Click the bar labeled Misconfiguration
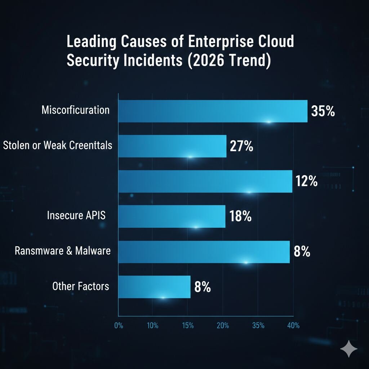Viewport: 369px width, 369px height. pyautogui.click(x=213, y=111)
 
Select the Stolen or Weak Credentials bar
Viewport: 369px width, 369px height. pyautogui.click(x=172, y=146)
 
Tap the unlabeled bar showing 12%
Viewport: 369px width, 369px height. pyautogui.click(x=205, y=181)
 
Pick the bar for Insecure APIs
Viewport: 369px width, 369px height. pyautogui.click(x=172, y=216)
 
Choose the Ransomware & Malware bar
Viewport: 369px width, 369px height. pyautogui.click(x=204, y=252)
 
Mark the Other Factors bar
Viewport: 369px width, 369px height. pyautogui.click(x=154, y=287)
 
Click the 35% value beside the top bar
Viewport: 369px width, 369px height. pyautogui.click(x=323, y=111)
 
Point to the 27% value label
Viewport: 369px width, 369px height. pyautogui.click(x=241, y=147)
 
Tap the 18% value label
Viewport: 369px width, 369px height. pyautogui.click(x=240, y=217)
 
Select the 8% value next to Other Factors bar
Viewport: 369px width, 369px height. pyautogui.click(x=203, y=288)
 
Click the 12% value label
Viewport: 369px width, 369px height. pyautogui.click(x=306, y=182)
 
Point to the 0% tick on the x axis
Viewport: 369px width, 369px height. pyautogui.click(x=119, y=326)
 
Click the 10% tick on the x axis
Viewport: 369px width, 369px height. pyautogui.click(x=153, y=326)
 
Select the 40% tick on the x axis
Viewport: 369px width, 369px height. pyautogui.click(x=293, y=326)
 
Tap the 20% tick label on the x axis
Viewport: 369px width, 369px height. pyautogui.click(x=223, y=326)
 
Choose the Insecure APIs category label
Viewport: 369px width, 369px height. pyautogui.click(x=76, y=216)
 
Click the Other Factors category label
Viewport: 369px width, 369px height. pyautogui.click(x=80, y=286)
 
